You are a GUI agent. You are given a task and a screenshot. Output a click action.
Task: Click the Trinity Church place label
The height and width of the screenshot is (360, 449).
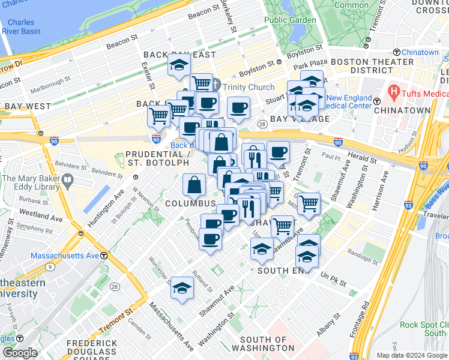click(249, 87)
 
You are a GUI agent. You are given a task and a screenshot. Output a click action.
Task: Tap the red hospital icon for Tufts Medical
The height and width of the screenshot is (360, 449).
click(394, 92)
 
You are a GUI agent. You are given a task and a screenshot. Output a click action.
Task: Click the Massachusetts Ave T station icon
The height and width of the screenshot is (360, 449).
click(104, 256)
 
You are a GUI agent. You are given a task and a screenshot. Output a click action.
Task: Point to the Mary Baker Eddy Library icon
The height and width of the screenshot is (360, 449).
click(67, 179)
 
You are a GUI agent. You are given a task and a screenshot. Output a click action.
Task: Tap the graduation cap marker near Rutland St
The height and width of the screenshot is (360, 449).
click(182, 288)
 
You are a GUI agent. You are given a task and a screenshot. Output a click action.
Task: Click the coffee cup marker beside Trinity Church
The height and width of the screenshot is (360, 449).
click(238, 107)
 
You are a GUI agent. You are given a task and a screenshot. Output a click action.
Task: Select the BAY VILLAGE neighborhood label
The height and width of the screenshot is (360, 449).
click(300, 119)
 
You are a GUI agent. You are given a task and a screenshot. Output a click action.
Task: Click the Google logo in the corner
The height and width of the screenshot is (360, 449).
click(20, 353)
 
